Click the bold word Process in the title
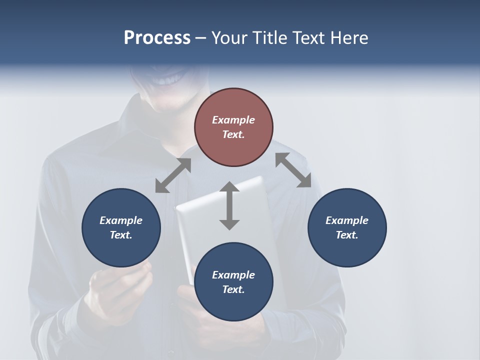(x=157, y=38)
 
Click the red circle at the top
(x=233, y=127)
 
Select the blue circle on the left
(x=121, y=227)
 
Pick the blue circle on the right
(x=347, y=227)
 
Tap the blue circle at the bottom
(x=233, y=282)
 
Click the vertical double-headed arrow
(x=229, y=205)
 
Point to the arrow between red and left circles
(x=173, y=175)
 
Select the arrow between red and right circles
(x=293, y=170)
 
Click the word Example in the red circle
(x=233, y=120)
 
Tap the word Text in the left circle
(x=121, y=235)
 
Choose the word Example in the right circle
(x=347, y=220)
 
